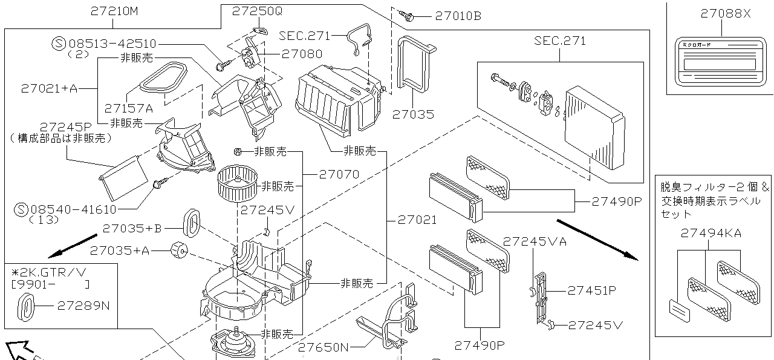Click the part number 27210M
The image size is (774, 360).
pos(115,10)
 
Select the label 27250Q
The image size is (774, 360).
pos(258,11)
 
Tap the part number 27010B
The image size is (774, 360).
pos(458,16)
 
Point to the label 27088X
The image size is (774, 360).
pos(726,13)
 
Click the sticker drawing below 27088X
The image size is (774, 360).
pos(717,61)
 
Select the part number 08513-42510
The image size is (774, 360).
pos(112,44)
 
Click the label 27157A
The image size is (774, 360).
pos(128,108)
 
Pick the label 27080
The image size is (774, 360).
pos(302,54)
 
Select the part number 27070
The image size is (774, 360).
pos(339,174)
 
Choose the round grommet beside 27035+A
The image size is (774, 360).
pos(178,249)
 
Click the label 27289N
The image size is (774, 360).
pos(83,306)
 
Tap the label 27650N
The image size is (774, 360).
pos(324,347)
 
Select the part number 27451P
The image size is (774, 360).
pos(591,290)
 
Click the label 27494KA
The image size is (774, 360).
pos(711,233)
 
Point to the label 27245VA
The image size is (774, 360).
pos(535,241)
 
